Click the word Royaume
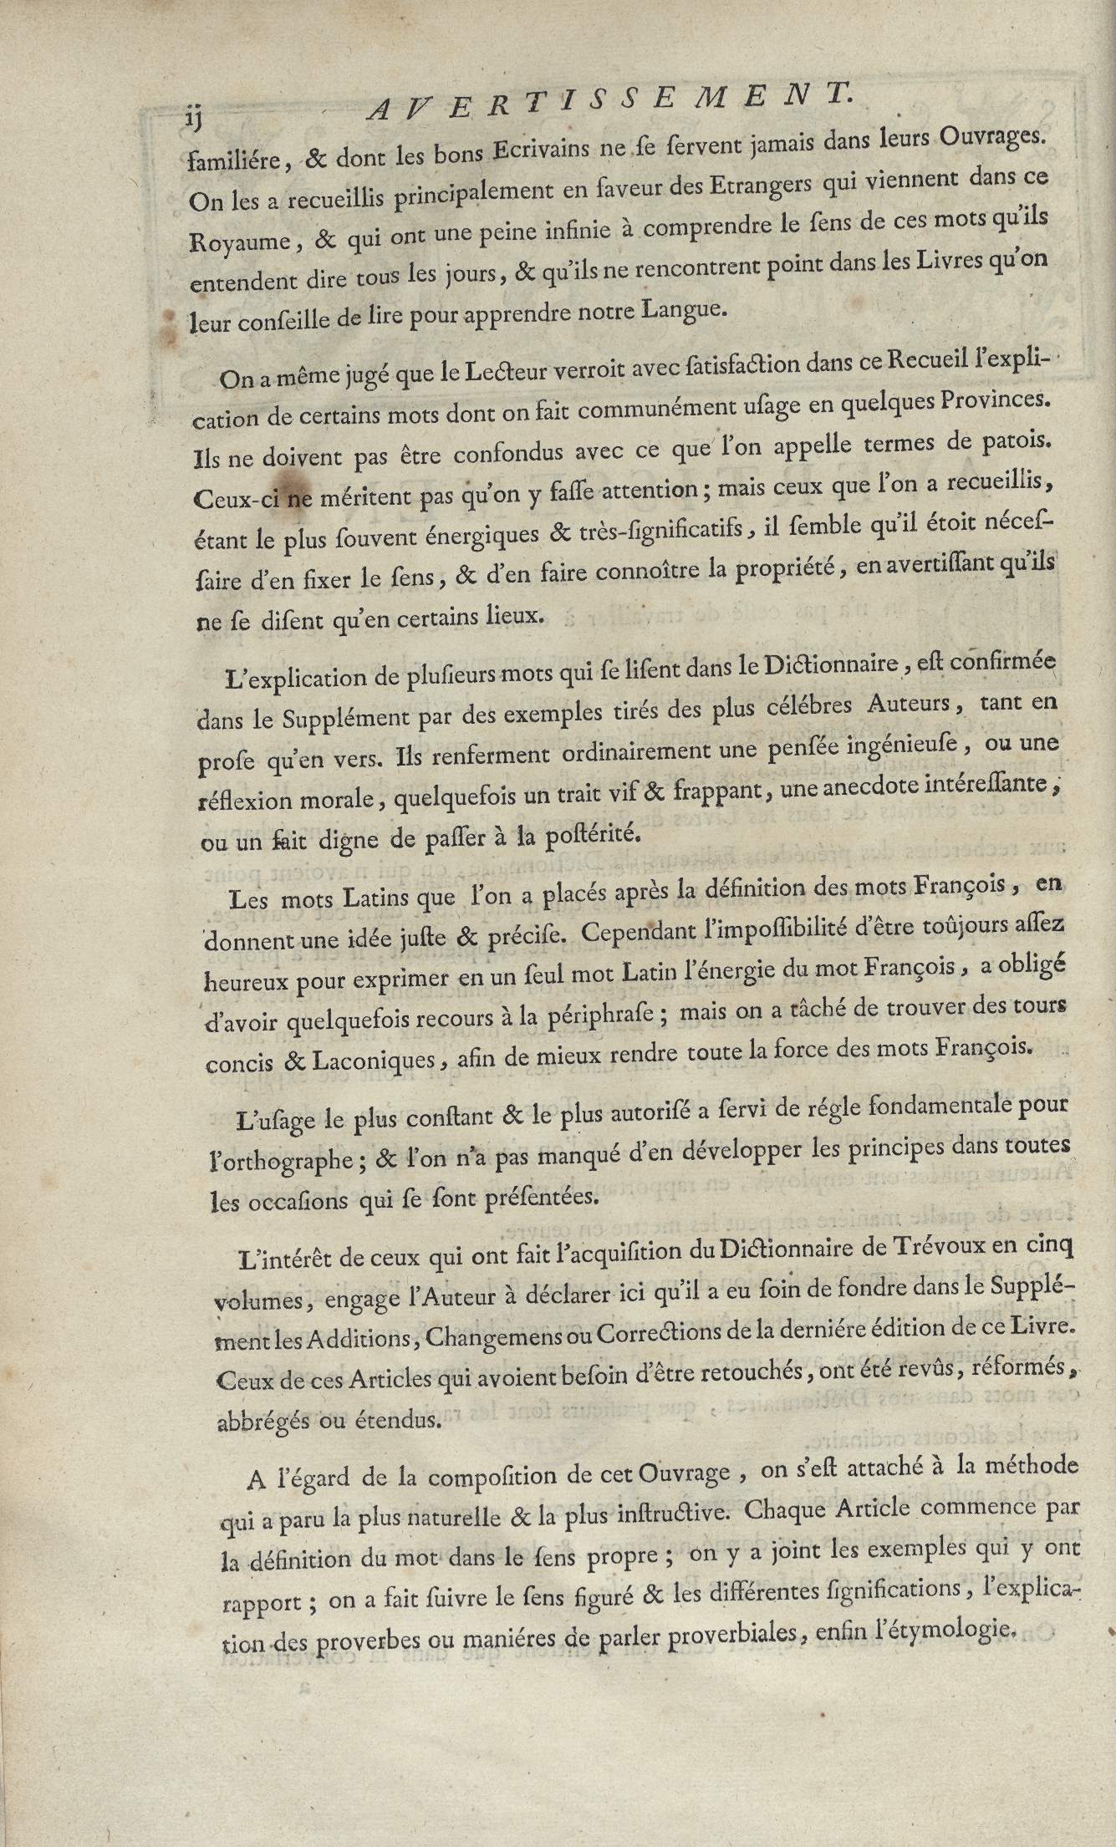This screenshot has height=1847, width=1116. (239, 242)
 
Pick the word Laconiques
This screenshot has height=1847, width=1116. (380, 1062)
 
